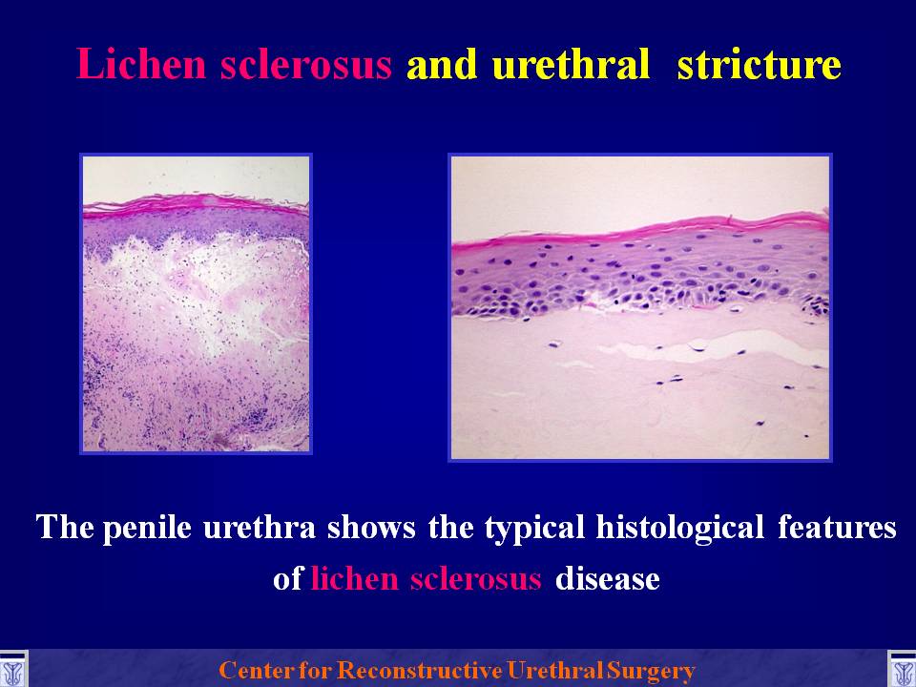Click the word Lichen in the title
[x=141, y=63]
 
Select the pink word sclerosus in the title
[x=305, y=63]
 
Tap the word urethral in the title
[x=572, y=63]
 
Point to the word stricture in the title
[x=759, y=63]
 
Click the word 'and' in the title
[x=442, y=63]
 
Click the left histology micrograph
[x=196, y=303]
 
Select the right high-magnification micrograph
[x=639, y=307]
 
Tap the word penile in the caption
[x=147, y=528]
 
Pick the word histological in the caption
[x=680, y=528]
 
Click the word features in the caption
[x=837, y=527]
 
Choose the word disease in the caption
[x=607, y=579]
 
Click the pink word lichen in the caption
[x=354, y=579]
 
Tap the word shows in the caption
[x=371, y=527]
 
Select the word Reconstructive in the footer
[x=420, y=670]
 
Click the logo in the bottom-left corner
[x=12, y=669]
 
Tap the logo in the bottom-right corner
[x=902, y=669]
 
